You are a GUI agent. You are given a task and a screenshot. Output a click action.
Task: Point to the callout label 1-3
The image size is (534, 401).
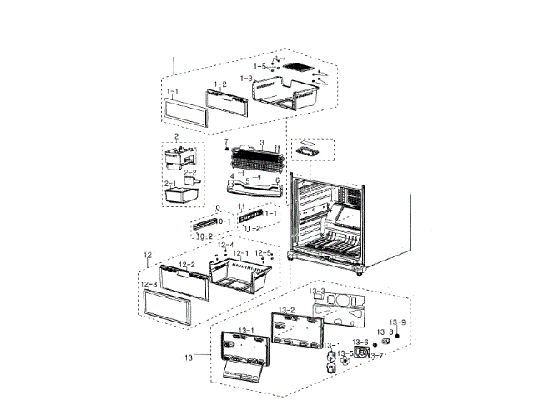pos(246,78)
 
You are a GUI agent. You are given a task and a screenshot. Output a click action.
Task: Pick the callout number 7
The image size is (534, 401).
pos(224,141)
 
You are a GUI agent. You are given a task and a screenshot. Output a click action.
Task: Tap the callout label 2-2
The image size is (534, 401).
pos(190,172)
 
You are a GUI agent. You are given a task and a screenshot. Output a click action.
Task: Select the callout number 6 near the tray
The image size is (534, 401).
pos(276,180)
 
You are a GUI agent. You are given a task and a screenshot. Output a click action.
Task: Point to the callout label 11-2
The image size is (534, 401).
pos(251,227)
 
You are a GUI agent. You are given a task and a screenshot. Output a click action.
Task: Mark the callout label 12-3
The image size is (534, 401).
pos(149,284)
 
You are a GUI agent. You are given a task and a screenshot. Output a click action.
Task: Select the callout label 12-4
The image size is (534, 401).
pos(225,244)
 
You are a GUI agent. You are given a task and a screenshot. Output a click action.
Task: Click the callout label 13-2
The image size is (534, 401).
pos(286,310)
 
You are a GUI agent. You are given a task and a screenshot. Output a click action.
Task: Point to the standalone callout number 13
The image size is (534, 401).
pos(189,358)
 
